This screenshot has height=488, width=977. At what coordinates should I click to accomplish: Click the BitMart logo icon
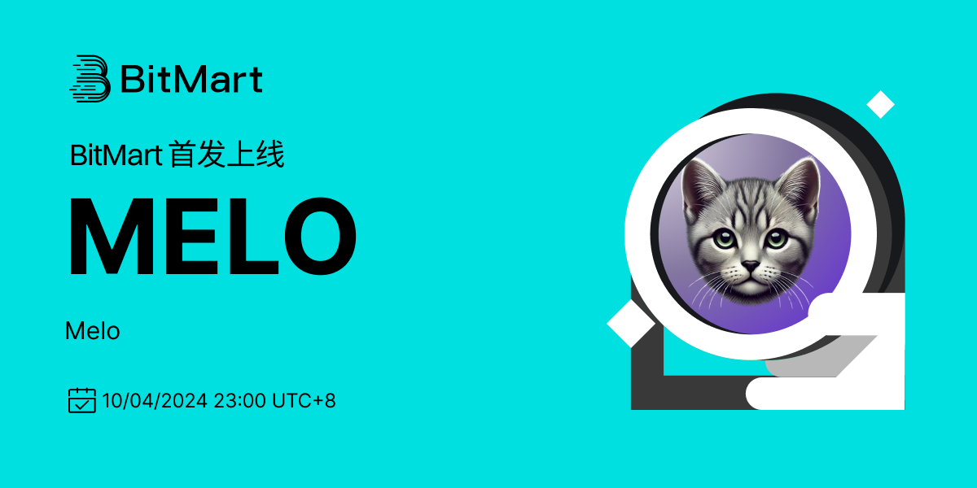tap(90, 79)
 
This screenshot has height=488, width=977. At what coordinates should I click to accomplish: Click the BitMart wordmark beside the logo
tap(191, 80)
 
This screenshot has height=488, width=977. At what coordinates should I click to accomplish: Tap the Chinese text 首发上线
tap(227, 155)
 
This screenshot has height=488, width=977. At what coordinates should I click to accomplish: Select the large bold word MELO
tap(212, 236)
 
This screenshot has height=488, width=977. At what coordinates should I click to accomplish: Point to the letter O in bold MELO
tap(321, 236)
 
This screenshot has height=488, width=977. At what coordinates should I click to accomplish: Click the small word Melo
tap(93, 331)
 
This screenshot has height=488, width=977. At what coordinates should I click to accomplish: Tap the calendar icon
tap(82, 400)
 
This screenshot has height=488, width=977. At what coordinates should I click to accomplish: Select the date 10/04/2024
tap(155, 400)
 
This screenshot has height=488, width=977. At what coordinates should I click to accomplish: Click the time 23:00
tap(240, 400)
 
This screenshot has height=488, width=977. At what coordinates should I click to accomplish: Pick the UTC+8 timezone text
tap(304, 400)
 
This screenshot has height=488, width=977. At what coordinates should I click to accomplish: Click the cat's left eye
tap(725, 239)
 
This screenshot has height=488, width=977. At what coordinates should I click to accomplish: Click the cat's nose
tap(750, 265)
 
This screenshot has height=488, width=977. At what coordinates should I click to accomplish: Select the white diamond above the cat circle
tap(881, 105)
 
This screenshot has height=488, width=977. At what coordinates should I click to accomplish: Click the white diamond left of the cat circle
tap(631, 324)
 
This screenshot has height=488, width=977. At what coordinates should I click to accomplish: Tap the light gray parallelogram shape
tap(820, 356)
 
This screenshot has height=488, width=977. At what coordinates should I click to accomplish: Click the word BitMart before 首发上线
tap(116, 155)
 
